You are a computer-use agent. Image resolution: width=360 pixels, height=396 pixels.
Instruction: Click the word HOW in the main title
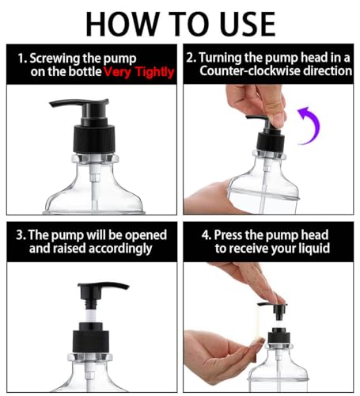[123, 25]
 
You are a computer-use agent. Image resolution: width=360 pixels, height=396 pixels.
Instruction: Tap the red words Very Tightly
[139, 72]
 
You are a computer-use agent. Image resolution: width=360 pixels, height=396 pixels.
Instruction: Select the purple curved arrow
[310, 125]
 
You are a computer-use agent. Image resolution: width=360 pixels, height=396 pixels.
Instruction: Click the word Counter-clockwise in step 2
[250, 70]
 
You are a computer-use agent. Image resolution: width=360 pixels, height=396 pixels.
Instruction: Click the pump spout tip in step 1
[51, 105]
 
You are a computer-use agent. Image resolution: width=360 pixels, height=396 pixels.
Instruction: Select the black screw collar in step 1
[94, 139]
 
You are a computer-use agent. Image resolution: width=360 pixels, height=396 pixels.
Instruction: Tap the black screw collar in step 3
[92, 337]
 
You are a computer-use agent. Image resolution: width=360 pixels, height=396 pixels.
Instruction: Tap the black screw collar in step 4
[279, 336]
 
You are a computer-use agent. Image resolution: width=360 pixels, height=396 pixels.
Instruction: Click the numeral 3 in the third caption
[20, 235]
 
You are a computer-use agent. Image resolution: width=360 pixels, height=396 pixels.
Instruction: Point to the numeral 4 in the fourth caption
[205, 235]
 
